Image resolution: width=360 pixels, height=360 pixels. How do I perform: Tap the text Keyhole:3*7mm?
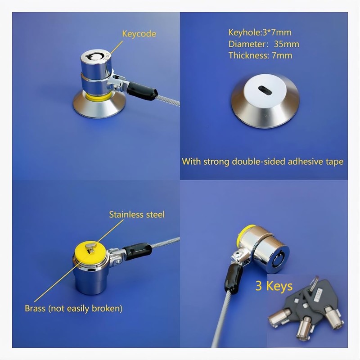(x=253, y=32)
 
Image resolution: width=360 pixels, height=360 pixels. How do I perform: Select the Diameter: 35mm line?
(x=263, y=44)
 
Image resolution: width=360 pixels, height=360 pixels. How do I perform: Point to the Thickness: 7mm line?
(x=260, y=55)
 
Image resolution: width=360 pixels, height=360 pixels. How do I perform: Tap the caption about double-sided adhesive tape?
(x=262, y=162)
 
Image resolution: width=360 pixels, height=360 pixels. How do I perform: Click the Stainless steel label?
(x=137, y=214)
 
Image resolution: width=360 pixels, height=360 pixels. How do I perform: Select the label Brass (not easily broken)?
(x=73, y=308)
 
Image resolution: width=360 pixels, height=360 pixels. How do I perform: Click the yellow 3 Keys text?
(x=274, y=286)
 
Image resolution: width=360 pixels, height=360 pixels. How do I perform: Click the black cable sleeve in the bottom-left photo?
(x=138, y=250)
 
